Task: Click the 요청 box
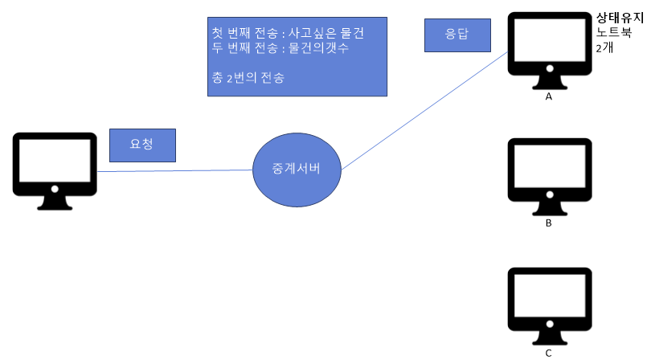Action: tap(142, 145)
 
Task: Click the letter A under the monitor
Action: tap(549, 96)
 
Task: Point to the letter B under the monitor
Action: tap(549, 223)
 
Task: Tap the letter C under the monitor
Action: tap(549, 353)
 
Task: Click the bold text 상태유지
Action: tap(619, 18)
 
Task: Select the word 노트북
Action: tap(614, 33)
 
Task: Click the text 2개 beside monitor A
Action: tap(604, 48)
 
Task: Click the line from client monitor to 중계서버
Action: tap(177, 170)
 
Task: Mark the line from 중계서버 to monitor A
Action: tap(426, 104)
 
